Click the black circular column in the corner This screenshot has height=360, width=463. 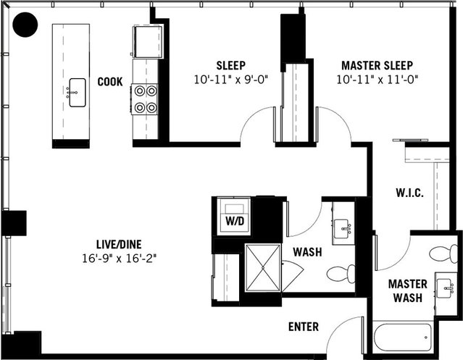27,26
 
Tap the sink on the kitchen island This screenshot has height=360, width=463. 75,93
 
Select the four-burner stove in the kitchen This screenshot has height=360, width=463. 145,99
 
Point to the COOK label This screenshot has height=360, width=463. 110,82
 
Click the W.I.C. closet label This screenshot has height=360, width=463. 409,194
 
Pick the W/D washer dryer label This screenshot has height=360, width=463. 235,220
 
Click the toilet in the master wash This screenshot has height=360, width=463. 443,254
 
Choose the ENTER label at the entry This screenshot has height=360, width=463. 303,327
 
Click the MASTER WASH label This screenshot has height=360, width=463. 407,290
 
